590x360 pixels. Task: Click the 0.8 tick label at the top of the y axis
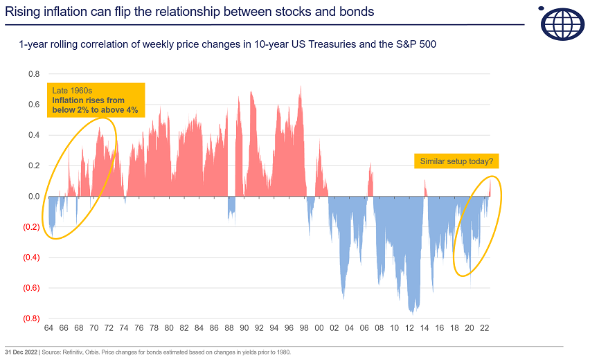click(x=34, y=74)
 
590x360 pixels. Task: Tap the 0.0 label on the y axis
click(x=34, y=197)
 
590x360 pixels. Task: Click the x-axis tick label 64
click(x=48, y=327)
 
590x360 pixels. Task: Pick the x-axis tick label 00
click(x=319, y=327)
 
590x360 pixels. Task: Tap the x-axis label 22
click(x=485, y=327)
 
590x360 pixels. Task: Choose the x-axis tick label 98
click(x=304, y=327)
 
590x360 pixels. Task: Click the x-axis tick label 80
click(x=169, y=327)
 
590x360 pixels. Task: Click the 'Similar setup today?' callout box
click(x=456, y=161)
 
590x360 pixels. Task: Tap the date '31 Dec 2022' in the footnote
click(x=19, y=352)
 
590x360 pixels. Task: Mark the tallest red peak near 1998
click(x=301, y=87)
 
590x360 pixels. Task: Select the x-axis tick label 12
click(x=409, y=327)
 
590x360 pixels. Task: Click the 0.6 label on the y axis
click(x=34, y=105)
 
